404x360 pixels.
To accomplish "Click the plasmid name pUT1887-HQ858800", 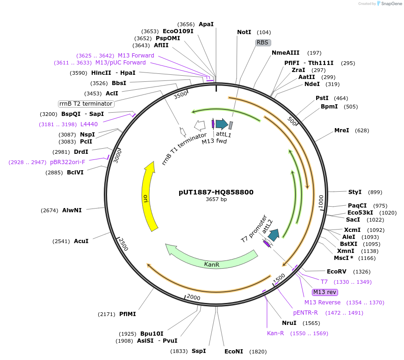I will coord(216,192).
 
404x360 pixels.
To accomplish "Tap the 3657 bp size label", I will coord(216,200).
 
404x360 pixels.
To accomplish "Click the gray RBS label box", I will coord(263,43).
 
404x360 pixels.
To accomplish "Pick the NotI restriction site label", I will coord(244,32).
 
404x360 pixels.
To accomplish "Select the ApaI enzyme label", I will coord(206,24).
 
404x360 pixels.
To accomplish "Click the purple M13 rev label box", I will coord(325,292).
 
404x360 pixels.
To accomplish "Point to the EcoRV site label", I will coord(336,272).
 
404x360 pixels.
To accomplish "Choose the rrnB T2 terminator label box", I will coord(86,103).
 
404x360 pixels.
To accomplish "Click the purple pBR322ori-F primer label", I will coord(68,162).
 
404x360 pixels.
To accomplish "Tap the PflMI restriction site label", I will coord(127,314).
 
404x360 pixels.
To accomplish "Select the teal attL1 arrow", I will coord(222,124).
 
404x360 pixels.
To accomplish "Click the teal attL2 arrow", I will coord(274,235).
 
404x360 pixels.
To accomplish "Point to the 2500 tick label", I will coord(122,244).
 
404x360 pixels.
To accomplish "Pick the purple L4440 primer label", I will coord(89,124).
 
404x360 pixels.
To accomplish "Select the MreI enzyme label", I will coord(341,130).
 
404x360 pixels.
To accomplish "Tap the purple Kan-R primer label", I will coord(275,333).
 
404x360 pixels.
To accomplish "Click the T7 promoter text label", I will coord(253,229).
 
